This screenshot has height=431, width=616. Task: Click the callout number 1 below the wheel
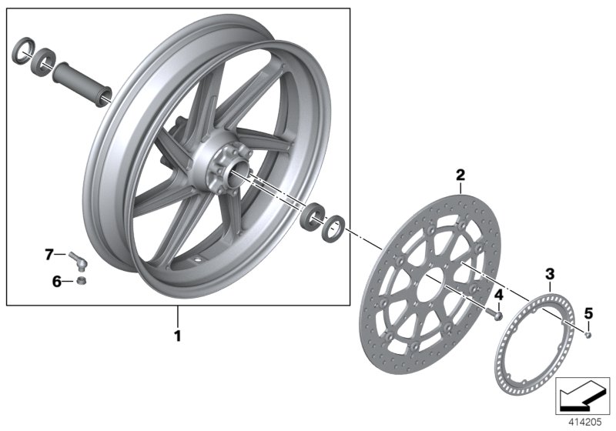coord(177,336)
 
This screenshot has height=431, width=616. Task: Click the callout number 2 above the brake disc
coord(460,175)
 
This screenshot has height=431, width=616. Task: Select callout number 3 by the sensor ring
coord(549,273)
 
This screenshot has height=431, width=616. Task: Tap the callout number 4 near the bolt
coord(498,295)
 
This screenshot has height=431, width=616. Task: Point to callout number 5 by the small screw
coord(589,312)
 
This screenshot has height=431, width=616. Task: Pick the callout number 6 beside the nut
coord(56,282)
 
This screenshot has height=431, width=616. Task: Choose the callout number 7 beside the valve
coord(49,252)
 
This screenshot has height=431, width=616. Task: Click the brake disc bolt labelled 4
coord(497,315)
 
